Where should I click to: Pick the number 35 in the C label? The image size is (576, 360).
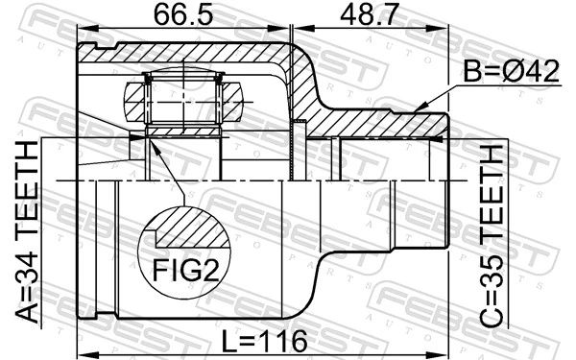[x=492, y=270]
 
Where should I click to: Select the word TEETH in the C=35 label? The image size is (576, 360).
[x=492, y=191]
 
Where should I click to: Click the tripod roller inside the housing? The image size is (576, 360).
[x=182, y=96]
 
